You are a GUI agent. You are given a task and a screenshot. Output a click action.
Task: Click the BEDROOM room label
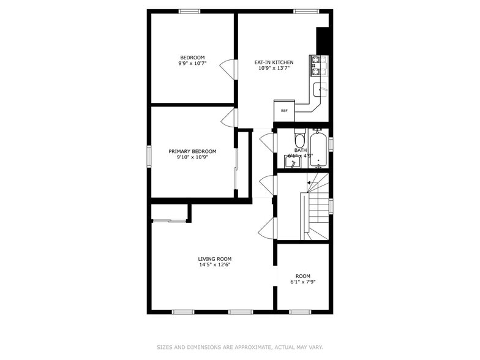click(x=192, y=58)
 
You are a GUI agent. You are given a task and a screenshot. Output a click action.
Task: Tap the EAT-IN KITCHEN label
click(x=274, y=62)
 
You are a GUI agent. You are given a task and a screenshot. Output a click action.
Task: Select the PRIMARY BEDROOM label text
click(x=192, y=151)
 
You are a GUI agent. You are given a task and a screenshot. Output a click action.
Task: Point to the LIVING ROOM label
click(x=214, y=258)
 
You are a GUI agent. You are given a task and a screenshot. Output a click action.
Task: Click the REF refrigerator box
click(x=284, y=111)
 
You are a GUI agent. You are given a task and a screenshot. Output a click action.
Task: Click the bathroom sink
click(x=291, y=162)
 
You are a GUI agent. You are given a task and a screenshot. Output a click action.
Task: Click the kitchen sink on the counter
click(x=320, y=90)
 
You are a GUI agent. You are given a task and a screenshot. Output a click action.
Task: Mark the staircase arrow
click(x=310, y=182)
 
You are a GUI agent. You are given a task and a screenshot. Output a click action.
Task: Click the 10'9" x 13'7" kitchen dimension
click(x=274, y=68)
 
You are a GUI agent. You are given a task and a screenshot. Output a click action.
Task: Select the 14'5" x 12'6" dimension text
click(x=214, y=264)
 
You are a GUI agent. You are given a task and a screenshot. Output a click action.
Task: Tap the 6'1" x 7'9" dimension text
click(x=303, y=282)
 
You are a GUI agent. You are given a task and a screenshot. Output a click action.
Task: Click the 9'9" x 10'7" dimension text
click(x=192, y=63)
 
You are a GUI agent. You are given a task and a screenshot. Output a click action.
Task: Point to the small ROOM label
click(x=303, y=276)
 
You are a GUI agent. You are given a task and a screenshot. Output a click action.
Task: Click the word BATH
click(x=300, y=150)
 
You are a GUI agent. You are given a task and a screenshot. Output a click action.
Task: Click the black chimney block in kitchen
click(x=323, y=41)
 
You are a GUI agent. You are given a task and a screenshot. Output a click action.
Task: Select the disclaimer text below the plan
click(x=239, y=347)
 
